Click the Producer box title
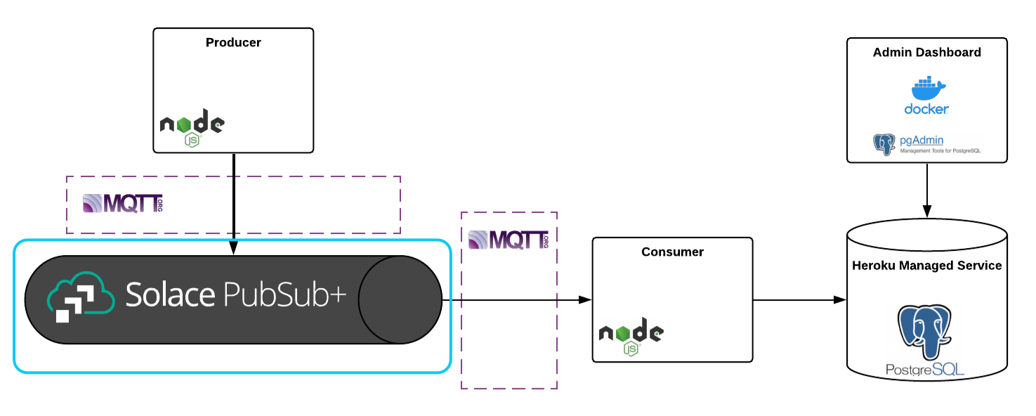pos(233,43)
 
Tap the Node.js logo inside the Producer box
pos(192,127)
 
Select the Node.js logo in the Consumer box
pos(631,337)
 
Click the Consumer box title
pos(672,252)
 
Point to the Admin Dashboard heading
pos(926,53)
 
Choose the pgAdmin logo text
pos(921,141)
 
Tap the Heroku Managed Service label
pos(926,266)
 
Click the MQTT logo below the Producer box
pos(123,204)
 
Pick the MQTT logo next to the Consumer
pos(508,240)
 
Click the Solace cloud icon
pos(80,299)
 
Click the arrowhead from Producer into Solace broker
pos(233,248)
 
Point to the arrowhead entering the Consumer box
pos(585,300)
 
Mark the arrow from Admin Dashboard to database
pos(926,190)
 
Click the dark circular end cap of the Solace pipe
pos(400,299)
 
